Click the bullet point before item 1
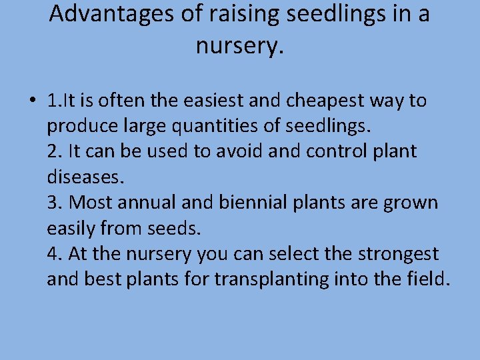coord(32,101)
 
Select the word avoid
coord(243,151)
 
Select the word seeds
coord(175,228)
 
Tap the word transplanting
coord(271,279)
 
